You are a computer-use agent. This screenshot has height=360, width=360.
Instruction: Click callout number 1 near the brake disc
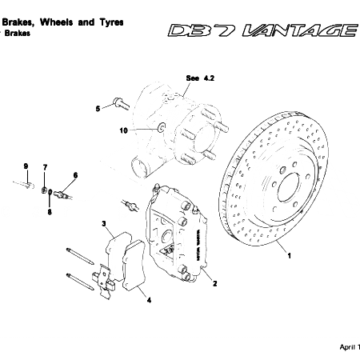pos(290,255)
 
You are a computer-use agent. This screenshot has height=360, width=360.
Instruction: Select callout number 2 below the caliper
pos(214,282)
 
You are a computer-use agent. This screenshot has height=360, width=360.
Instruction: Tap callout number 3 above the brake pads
pos(103,222)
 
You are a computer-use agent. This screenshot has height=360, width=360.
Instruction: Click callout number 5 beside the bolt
pos(98,106)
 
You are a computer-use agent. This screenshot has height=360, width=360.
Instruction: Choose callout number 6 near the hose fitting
pos(75,175)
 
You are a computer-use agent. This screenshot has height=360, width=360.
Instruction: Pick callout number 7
pos(45,166)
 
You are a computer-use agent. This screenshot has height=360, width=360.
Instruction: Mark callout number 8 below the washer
pos(49,212)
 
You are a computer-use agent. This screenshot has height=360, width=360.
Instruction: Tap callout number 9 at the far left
pos(26,166)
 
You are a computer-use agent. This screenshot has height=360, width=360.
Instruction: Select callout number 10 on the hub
pos(124,130)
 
